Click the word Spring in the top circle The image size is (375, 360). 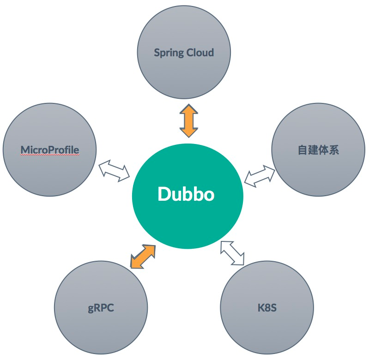coord(169,53)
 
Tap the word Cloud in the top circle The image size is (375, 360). coord(200,52)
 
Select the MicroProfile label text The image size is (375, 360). coord(50,150)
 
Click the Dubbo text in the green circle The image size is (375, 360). coord(186,194)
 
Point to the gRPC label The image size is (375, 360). coord(101,308)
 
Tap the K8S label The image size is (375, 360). coord(267,307)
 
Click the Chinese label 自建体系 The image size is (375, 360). coord(318,150)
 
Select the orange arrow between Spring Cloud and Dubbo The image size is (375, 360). coord(188,120)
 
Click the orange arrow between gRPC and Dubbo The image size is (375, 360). coord(143,256)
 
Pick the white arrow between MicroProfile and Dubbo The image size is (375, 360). coord(114,169)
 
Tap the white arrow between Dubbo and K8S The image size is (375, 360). coord(232,253)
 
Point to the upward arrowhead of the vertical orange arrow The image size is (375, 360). coord(188,109)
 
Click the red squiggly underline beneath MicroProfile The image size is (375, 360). coord(50,155)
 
